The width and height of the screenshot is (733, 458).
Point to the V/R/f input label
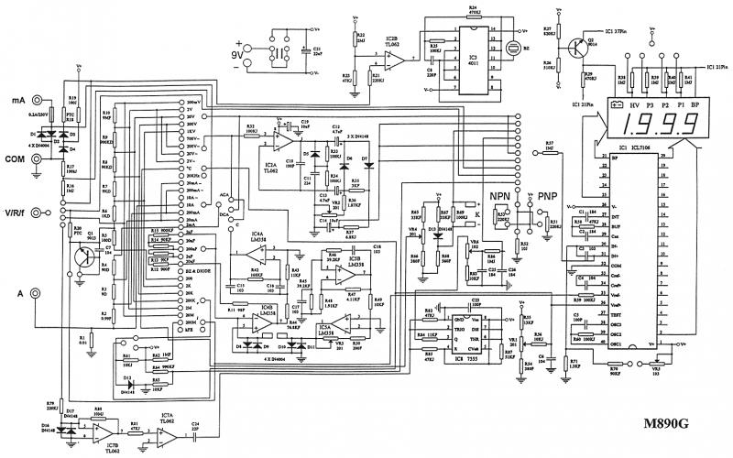(x=16, y=213)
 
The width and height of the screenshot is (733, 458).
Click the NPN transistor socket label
(x=500, y=196)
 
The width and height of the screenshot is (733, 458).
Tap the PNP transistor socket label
(x=548, y=196)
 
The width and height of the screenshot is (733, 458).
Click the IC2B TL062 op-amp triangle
(x=393, y=60)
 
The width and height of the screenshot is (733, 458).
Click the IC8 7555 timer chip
(x=476, y=333)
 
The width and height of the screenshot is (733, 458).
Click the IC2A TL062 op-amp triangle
(x=285, y=142)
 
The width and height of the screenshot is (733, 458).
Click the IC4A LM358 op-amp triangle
(x=257, y=251)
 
